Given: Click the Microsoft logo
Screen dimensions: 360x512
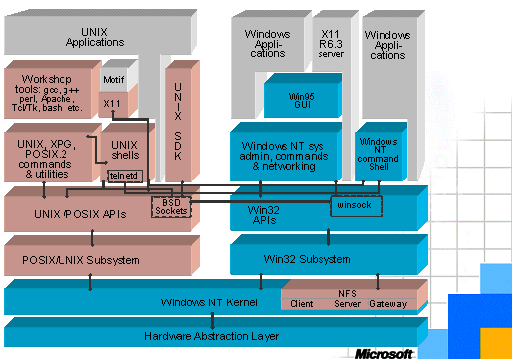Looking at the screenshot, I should (384, 352).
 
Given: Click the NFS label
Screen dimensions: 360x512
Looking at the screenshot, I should (348, 292).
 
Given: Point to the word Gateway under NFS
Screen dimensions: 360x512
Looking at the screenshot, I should (388, 304).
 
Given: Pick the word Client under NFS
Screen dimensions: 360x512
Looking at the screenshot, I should (303, 304).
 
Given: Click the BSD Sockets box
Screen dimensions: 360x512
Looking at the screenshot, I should (170, 207).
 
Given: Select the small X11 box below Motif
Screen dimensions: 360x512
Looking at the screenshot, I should (112, 103).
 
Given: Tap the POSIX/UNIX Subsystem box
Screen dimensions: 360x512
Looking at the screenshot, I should (81, 260).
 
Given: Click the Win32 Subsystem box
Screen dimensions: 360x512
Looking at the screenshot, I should (311, 259).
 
